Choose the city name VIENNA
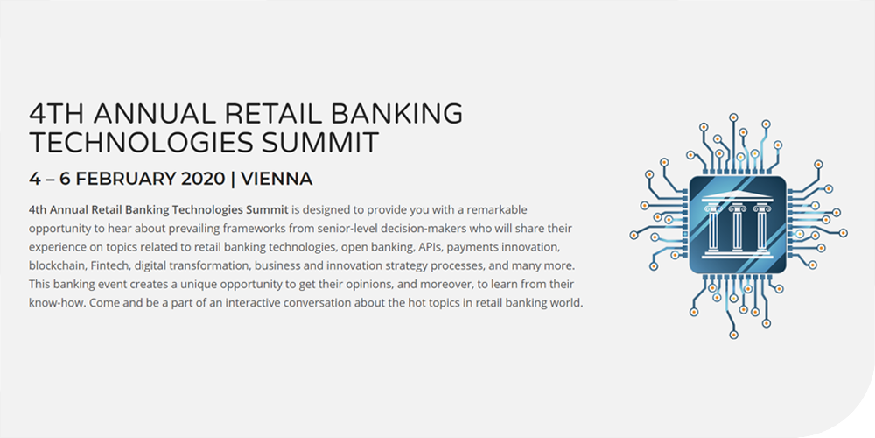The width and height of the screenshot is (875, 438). point(276,179)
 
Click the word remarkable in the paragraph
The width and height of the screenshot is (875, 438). point(499,210)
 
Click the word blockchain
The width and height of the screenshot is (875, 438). point(54,265)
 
